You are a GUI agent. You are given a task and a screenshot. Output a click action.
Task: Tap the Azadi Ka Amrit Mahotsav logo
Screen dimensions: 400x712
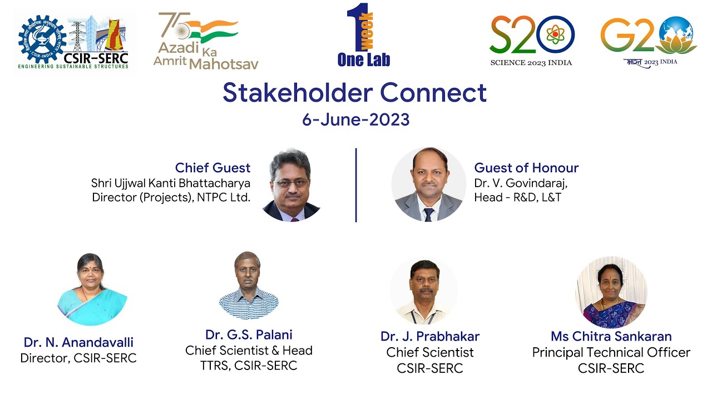[206, 42]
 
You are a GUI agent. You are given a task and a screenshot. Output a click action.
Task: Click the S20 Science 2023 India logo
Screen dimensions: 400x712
[531, 40]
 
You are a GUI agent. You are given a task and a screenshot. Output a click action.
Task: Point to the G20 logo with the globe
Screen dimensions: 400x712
[649, 40]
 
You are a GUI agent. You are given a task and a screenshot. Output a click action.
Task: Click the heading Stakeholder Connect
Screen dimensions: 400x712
[355, 93]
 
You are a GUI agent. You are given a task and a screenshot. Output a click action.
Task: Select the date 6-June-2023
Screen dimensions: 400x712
[355, 119]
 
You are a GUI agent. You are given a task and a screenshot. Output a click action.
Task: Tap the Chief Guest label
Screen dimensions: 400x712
[212, 168]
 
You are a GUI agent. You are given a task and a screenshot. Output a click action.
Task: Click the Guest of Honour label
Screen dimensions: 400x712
[526, 168]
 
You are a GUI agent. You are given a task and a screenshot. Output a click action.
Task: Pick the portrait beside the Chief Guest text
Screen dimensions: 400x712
[291, 185]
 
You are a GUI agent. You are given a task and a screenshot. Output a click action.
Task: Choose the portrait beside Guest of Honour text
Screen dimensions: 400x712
[428, 185]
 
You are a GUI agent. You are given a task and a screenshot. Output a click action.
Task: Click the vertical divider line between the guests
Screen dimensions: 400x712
[356, 185]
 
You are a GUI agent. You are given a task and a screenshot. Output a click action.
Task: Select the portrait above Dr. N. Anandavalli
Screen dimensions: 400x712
[92, 289]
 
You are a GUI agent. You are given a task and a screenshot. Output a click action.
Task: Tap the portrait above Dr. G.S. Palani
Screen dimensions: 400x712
[248, 285]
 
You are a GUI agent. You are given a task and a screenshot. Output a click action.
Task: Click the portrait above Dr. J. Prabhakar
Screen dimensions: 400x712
[424, 291]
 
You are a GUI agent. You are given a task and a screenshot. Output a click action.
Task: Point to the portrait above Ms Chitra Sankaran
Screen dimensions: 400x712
[611, 292]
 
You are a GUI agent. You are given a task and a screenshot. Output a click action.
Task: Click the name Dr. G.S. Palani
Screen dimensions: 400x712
[249, 334]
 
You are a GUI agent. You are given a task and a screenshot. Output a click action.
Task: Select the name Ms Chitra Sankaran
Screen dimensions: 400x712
[611, 336]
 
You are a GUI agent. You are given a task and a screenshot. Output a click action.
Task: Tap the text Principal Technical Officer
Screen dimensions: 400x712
[611, 352]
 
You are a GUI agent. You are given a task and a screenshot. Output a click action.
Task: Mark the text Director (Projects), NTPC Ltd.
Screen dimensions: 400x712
[171, 197]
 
